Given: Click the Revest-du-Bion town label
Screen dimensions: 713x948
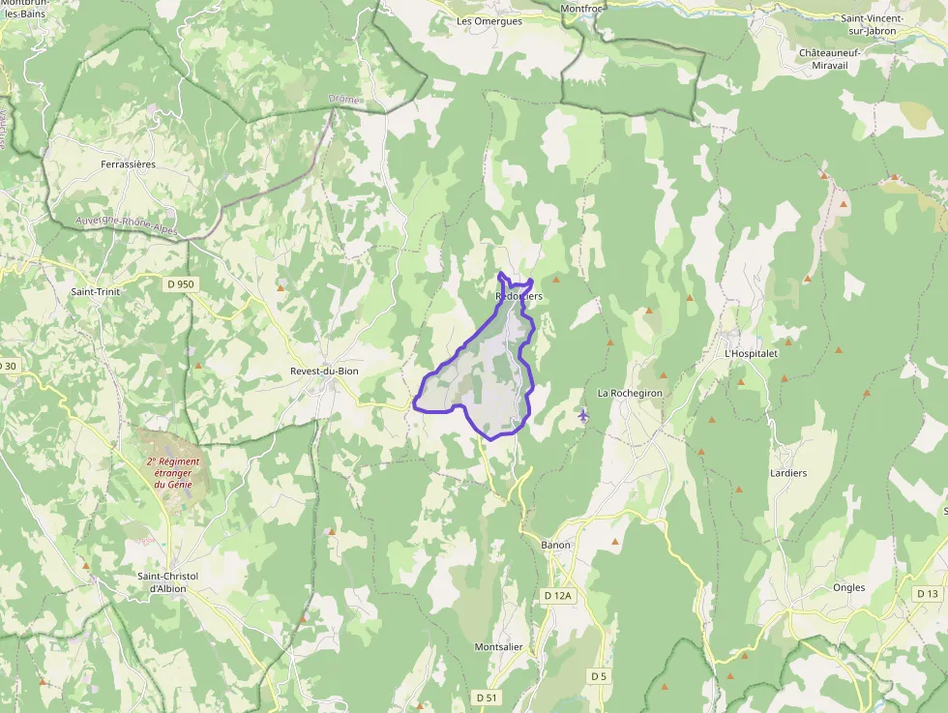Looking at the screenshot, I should tap(325, 371).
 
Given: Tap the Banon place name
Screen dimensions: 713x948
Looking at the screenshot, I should tap(556, 545).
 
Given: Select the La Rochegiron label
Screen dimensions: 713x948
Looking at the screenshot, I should tap(630, 393).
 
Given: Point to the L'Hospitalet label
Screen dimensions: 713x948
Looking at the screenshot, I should tap(752, 353).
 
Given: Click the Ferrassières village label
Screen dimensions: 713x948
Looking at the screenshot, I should tap(128, 164).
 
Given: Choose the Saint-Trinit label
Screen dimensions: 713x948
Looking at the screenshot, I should tap(95, 290).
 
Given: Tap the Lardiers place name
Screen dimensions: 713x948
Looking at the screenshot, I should tap(760, 473).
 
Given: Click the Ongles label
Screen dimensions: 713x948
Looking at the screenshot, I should tap(848, 587).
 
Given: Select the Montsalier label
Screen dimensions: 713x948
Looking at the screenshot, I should tap(499, 646).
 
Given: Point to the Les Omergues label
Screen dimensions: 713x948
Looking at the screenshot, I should tap(489, 21).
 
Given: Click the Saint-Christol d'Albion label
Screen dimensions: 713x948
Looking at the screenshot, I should tap(167, 582).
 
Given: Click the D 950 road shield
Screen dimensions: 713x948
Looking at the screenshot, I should tap(180, 284).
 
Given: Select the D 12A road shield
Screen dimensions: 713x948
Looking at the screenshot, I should tap(559, 596).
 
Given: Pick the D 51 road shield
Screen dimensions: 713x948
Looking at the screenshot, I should tap(487, 697).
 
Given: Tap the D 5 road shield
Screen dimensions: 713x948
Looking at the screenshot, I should tap(599, 675).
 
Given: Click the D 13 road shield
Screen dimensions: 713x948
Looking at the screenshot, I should tap(927, 593).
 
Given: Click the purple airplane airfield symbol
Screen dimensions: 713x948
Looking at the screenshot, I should tap(582, 416).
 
